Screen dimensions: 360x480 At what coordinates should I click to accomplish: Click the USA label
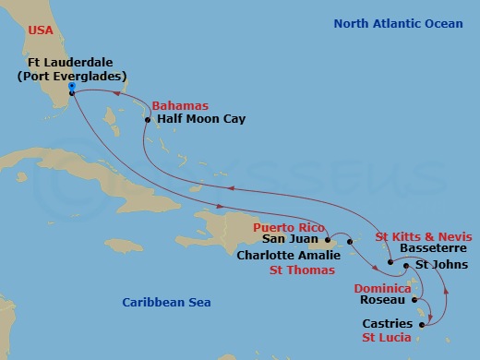click(x=28, y=30)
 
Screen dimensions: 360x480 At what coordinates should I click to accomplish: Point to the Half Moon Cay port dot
click(x=148, y=119)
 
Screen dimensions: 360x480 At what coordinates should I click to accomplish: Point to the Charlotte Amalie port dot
click(x=350, y=242)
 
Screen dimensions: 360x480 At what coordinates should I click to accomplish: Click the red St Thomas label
click(x=301, y=270)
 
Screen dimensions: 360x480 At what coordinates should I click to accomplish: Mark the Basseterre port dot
click(x=391, y=263)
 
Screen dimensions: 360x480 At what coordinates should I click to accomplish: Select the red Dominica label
click(x=381, y=288)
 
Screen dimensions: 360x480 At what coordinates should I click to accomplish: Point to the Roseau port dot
click(x=414, y=300)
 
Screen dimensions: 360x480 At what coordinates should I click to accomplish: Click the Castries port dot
click(x=422, y=324)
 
